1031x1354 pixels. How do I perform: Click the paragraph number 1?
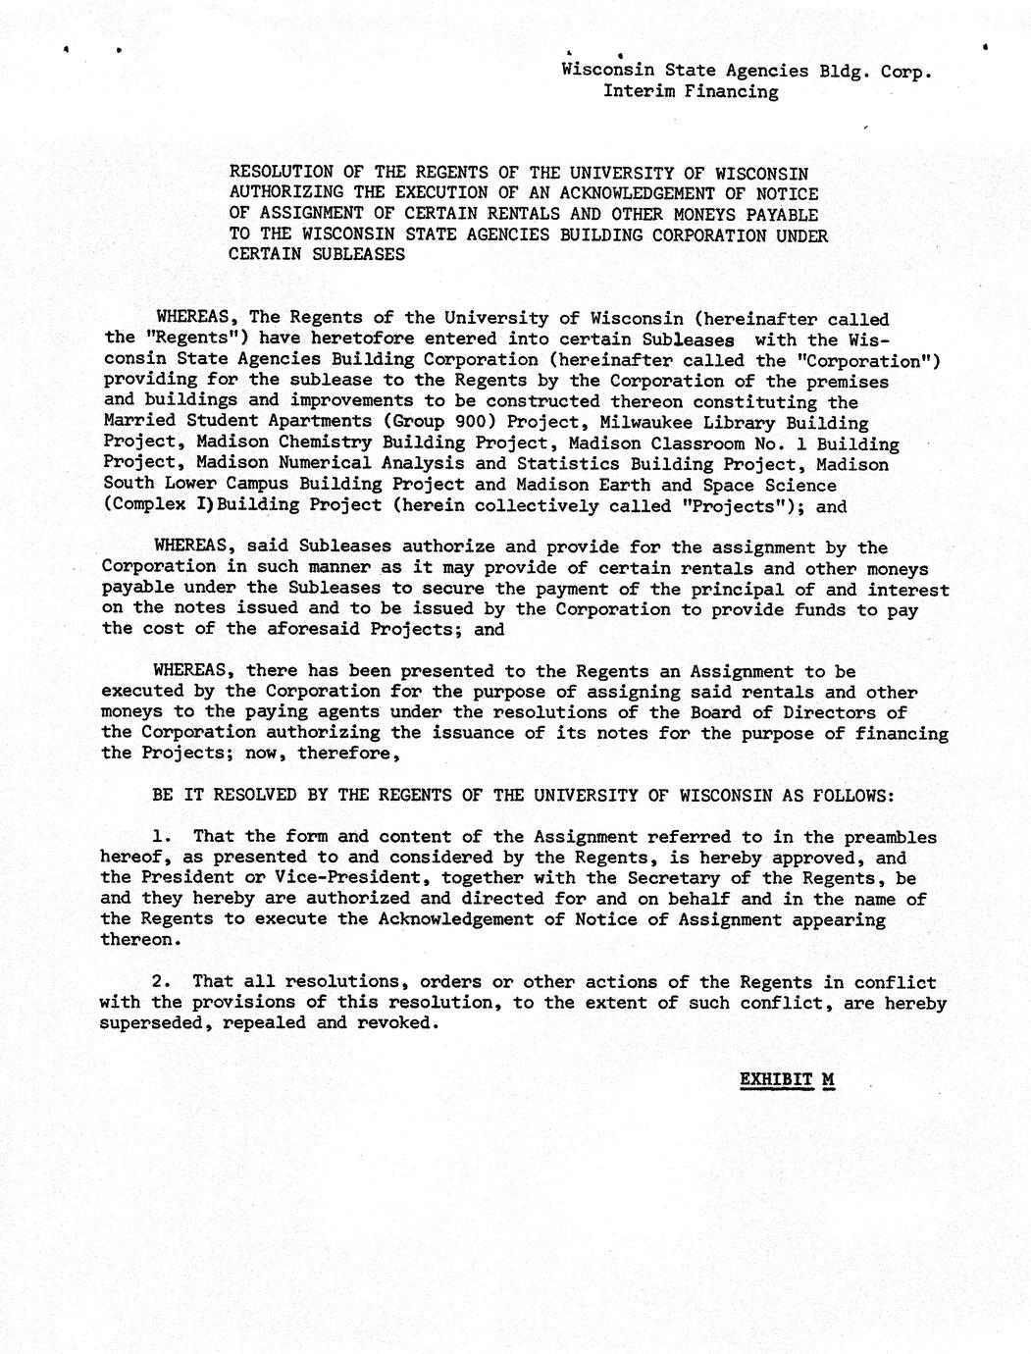coord(161,838)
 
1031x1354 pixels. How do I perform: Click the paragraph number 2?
coord(161,982)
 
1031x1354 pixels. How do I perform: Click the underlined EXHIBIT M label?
coord(786,1080)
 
